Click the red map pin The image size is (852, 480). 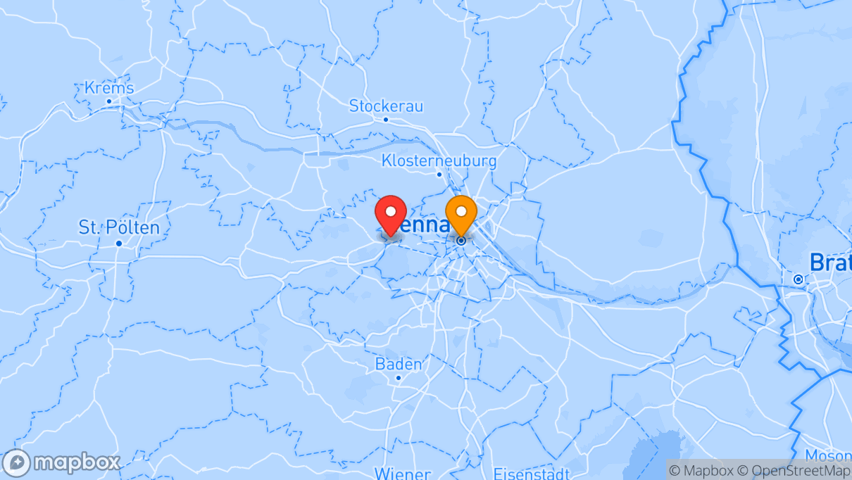[x=391, y=213]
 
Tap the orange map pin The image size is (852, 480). [x=461, y=213]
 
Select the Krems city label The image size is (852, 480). [x=109, y=88]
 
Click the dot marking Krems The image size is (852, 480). [x=109, y=101]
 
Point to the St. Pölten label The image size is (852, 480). [x=119, y=227]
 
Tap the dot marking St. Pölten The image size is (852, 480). [x=119, y=244]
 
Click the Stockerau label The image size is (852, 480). [x=386, y=106]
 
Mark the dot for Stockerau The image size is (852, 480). [x=386, y=119]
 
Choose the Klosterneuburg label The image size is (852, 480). [x=439, y=160]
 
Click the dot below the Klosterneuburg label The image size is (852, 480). [x=439, y=174]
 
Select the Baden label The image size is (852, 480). [x=399, y=365]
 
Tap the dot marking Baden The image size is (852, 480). [x=398, y=378]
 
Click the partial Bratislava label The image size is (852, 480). [x=830, y=263]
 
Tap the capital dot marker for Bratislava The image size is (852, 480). [x=798, y=279]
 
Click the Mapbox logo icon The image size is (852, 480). [x=16, y=463]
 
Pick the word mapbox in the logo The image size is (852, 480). [x=77, y=463]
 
